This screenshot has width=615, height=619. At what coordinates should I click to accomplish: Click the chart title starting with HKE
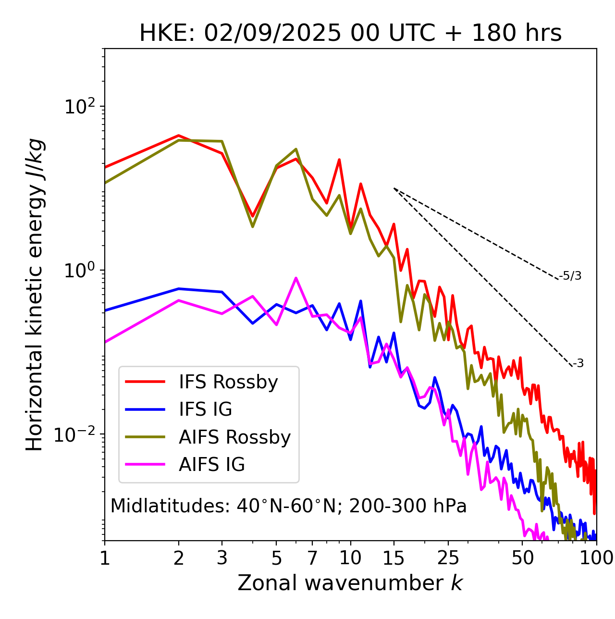pyautogui.click(x=350, y=33)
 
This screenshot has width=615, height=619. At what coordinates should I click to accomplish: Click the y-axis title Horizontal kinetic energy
pyautogui.click(x=35, y=295)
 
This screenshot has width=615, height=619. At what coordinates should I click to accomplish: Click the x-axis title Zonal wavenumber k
pyautogui.click(x=350, y=583)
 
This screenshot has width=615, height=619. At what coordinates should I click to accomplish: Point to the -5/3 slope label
pyautogui.click(x=570, y=276)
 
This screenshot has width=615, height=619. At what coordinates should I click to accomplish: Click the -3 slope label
pyautogui.click(x=578, y=364)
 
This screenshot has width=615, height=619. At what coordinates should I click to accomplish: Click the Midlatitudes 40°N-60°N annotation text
pyautogui.click(x=288, y=506)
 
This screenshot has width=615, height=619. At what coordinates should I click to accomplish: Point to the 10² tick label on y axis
pyautogui.click(x=79, y=106)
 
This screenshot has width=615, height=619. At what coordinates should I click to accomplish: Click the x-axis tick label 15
pyautogui.click(x=394, y=558)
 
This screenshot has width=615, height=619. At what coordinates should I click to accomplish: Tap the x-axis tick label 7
pyautogui.click(x=312, y=558)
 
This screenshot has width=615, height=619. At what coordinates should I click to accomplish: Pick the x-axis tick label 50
pyautogui.click(x=523, y=558)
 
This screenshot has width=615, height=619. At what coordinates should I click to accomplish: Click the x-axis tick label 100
pyautogui.click(x=596, y=558)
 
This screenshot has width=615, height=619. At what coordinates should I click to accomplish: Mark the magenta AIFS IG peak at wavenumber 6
pyautogui.click(x=296, y=278)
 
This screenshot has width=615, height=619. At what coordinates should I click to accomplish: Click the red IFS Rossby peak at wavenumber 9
pyautogui.click(x=339, y=160)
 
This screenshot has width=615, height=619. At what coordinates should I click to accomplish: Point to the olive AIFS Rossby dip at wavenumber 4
pyautogui.click(x=252, y=226)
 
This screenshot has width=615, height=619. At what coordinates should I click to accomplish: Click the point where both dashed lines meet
pyautogui.click(x=394, y=188)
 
